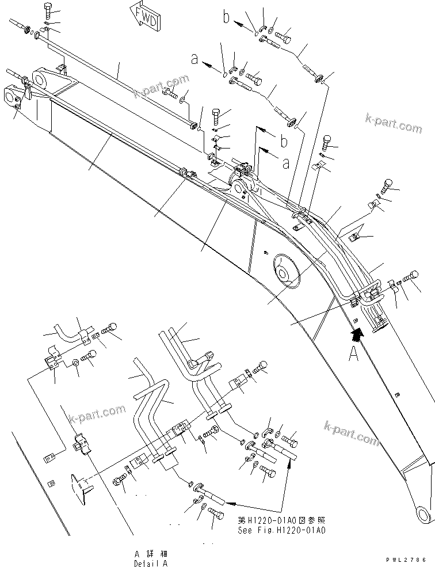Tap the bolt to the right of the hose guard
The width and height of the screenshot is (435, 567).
[413, 277]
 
